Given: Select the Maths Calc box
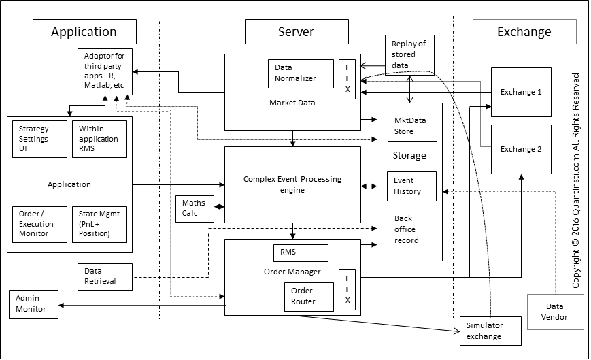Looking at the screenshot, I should tap(195, 209).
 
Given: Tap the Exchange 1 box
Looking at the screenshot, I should tap(521, 92).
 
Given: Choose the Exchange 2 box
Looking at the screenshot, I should tap(521, 149).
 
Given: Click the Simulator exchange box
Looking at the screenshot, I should tap(490, 331).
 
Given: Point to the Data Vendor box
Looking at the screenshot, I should tap(556, 312).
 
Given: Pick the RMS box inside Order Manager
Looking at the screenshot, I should tap(299, 252).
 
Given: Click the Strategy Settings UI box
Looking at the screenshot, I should tap(40, 139).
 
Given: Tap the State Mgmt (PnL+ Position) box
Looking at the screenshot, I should tap(99, 224).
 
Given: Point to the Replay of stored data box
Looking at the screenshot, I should tap(409, 54).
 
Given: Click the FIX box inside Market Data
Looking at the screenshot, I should tap(347, 79).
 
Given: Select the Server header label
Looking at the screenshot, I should tap(297, 32).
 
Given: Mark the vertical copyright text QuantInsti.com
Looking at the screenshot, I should tap(575, 180).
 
